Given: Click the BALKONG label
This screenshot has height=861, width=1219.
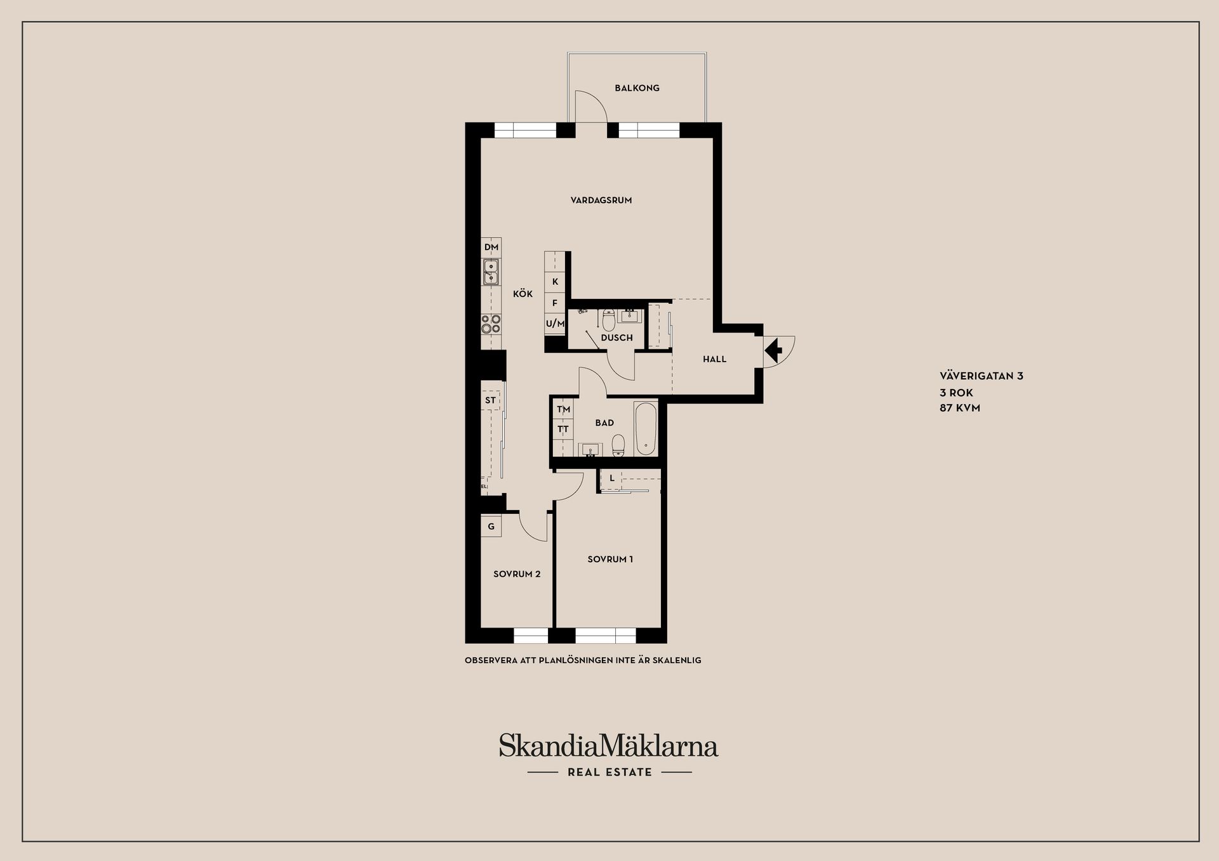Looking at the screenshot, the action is tap(637, 88).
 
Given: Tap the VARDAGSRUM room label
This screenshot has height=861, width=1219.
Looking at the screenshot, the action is tap(601, 200).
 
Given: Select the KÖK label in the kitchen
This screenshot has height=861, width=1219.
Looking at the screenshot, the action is tap(523, 294).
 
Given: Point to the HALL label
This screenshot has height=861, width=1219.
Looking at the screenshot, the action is tap(714, 359).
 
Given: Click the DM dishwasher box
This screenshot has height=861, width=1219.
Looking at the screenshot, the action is tap(491, 247).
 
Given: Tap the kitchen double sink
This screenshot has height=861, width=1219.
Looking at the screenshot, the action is tap(491, 272).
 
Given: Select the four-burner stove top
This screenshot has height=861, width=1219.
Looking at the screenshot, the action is tap(491, 324).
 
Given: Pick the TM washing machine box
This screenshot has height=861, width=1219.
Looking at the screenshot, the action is tap(563, 410).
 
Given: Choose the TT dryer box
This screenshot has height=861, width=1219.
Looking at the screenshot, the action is tap(563, 430).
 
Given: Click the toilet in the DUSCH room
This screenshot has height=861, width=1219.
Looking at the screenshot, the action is tap(608, 320).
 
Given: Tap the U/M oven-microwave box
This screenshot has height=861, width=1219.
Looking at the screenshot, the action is tap(555, 324).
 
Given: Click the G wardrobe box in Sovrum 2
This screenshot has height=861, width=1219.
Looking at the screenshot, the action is tap(491, 526).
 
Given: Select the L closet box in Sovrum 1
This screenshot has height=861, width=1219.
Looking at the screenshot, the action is tap(611, 479).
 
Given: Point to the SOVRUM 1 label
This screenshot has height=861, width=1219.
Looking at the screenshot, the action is tap(610, 560).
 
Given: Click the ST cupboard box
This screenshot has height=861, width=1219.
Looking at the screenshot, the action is tap(491, 400).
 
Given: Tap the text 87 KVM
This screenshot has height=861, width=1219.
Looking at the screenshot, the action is tap(960, 408).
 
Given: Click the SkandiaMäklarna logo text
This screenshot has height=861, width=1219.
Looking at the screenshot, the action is tap(608, 746).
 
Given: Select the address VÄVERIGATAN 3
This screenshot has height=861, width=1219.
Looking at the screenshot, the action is tap(982, 376).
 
